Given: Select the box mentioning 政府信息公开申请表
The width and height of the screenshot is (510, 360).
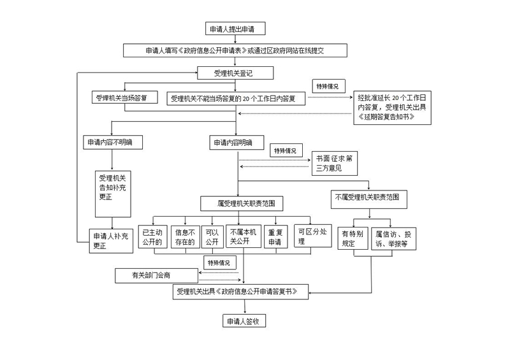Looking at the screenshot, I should tap(235, 50).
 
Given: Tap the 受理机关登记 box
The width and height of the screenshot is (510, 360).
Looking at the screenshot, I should tap(235, 73).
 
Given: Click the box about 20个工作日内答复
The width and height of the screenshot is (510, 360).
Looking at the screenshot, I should tap(237, 98).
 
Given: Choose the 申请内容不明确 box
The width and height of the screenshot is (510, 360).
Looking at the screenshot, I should tap(112, 142).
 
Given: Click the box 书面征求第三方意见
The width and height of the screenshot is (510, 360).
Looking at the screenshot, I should tap(334, 164).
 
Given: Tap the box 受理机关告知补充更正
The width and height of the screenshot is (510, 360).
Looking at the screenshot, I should tap(112, 187).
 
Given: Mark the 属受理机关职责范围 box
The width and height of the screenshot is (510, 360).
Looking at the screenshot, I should tap(242, 204).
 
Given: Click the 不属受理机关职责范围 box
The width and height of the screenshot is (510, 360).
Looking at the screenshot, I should tap(370, 198).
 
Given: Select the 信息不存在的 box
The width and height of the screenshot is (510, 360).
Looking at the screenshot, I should tap(184, 237).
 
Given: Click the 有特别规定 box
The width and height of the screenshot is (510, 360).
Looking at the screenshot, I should tap(352, 238).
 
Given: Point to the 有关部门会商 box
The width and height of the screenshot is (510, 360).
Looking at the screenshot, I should tap(156, 275).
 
